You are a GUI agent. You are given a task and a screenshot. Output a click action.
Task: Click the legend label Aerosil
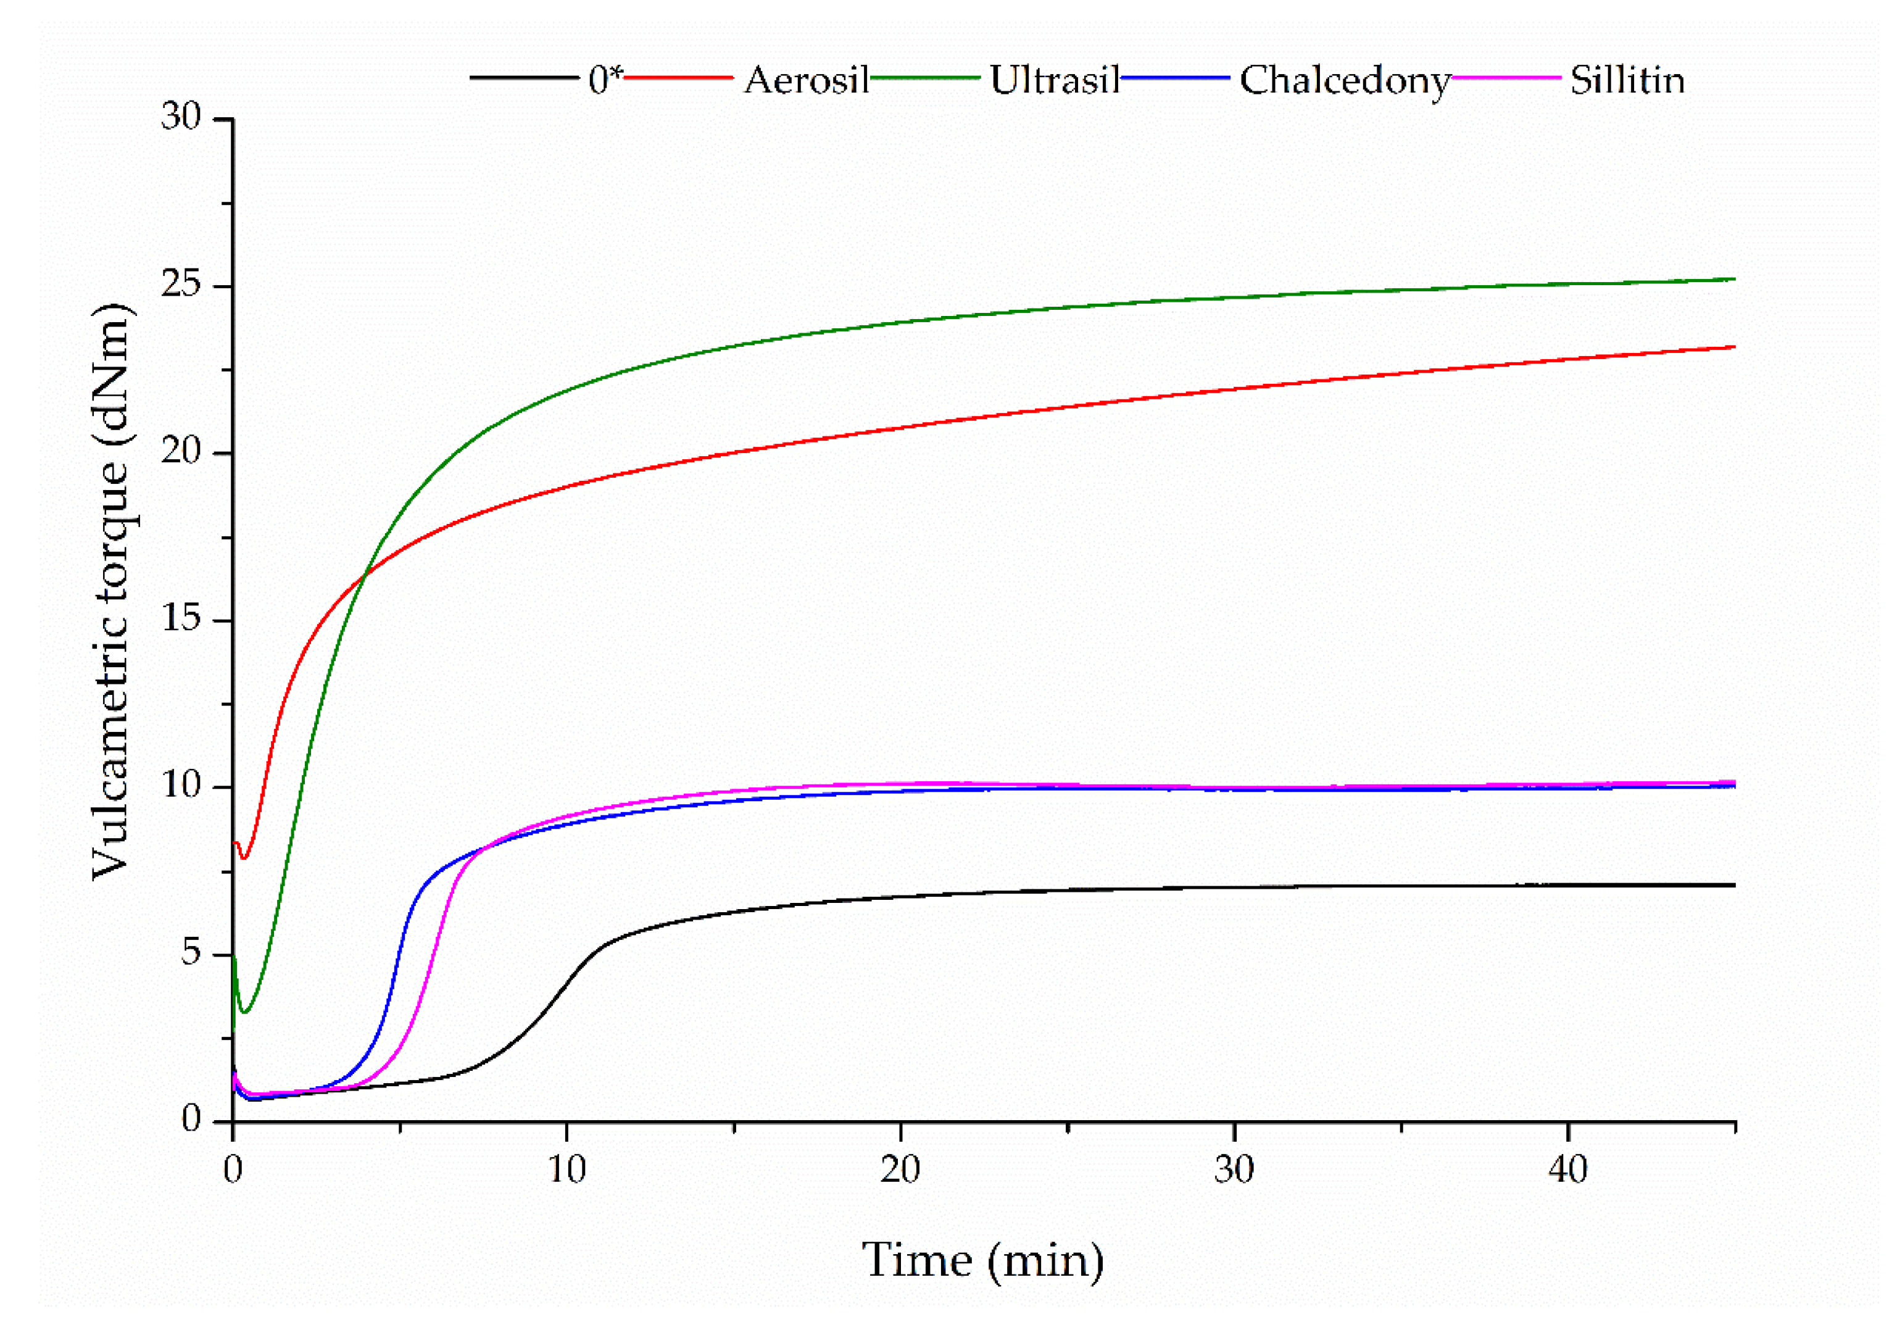coord(806,81)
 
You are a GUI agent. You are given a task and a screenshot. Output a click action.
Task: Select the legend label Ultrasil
coord(1054,81)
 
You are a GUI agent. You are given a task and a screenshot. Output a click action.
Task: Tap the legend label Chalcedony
coord(1345,81)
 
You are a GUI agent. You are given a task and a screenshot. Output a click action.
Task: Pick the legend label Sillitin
coord(1627,81)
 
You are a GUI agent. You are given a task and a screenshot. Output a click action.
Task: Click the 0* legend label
coord(605,81)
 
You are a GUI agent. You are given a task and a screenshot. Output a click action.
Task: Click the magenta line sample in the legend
coord(1507,78)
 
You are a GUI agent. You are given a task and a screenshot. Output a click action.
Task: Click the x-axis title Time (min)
coord(982,1260)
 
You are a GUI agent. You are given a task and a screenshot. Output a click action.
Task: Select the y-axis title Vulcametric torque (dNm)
coord(111,592)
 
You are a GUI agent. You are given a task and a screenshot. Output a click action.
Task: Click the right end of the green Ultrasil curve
coord(1735,278)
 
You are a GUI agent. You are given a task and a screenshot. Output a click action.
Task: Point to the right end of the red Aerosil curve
coord(1735,347)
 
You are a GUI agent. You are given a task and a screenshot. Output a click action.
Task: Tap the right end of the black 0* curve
coord(1735,885)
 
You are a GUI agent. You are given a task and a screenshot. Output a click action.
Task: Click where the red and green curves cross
coord(363,575)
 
